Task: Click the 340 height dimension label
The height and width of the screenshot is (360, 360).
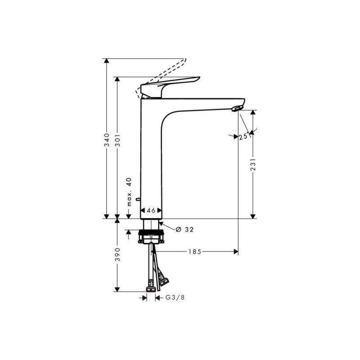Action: click(x=106, y=139)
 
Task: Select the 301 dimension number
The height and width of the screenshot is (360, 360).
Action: click(x=117, y=139)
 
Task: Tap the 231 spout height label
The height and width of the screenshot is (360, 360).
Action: click(x=253, y=164)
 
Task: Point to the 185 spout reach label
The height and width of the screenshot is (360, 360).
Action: click(x=195, y=252)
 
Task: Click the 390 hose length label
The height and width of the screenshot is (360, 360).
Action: click(x=117, y=254)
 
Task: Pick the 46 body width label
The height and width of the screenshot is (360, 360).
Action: click(x=151, y=210)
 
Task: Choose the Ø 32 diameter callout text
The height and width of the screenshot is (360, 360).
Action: click(x=184, y=229)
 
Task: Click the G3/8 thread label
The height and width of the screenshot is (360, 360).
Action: click(x=175, y=297)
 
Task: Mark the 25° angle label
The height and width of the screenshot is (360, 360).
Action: click(x=243, y=137)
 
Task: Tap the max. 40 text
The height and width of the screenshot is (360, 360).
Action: click(x=129, y=192)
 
